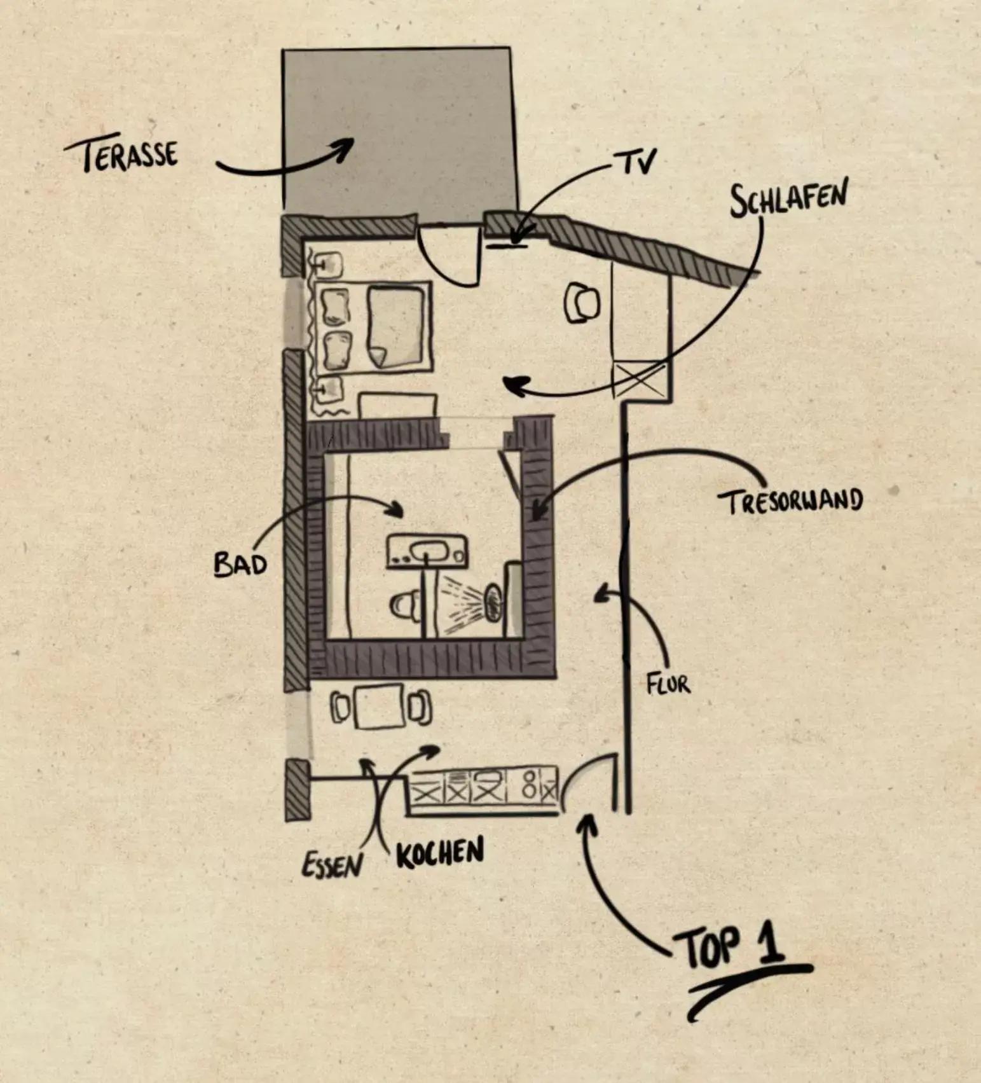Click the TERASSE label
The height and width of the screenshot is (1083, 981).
[x=121, y=155]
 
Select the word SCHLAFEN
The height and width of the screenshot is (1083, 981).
[x=788, y=198]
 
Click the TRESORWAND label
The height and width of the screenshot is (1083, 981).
[x=792, y=501]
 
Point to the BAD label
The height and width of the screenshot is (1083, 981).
[x=239, y=564]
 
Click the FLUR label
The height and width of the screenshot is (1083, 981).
[x=668, y=684]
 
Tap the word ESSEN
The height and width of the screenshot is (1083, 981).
[x=332, y=864]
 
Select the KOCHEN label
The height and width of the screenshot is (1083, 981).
[x=440, y=853]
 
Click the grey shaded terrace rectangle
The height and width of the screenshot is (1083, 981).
[x=397, y=127]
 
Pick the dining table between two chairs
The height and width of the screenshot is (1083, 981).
[x=380, y=707]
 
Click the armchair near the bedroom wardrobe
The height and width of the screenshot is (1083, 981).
[x=582, y=303]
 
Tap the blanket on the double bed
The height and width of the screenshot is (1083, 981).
[x=396, y=326]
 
